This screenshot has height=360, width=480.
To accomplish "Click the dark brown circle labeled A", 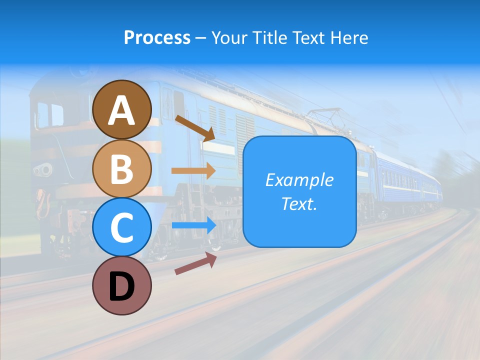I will click(122, 109).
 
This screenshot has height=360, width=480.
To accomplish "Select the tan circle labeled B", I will click(122, 168).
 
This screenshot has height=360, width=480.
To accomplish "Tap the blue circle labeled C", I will click(122, 227).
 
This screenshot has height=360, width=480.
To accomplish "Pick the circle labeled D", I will click(122, 285).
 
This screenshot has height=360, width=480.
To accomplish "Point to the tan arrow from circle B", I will click(193, 170).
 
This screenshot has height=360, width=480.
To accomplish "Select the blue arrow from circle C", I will click(194, 225).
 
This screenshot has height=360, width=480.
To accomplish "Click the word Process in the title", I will click(157, 37).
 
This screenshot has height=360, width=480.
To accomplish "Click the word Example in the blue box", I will click(299, 180).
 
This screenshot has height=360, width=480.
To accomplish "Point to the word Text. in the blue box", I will click(299, 203).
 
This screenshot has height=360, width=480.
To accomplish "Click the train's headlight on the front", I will click(43, 169).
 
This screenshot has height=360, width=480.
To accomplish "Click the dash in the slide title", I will click(201, 38).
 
